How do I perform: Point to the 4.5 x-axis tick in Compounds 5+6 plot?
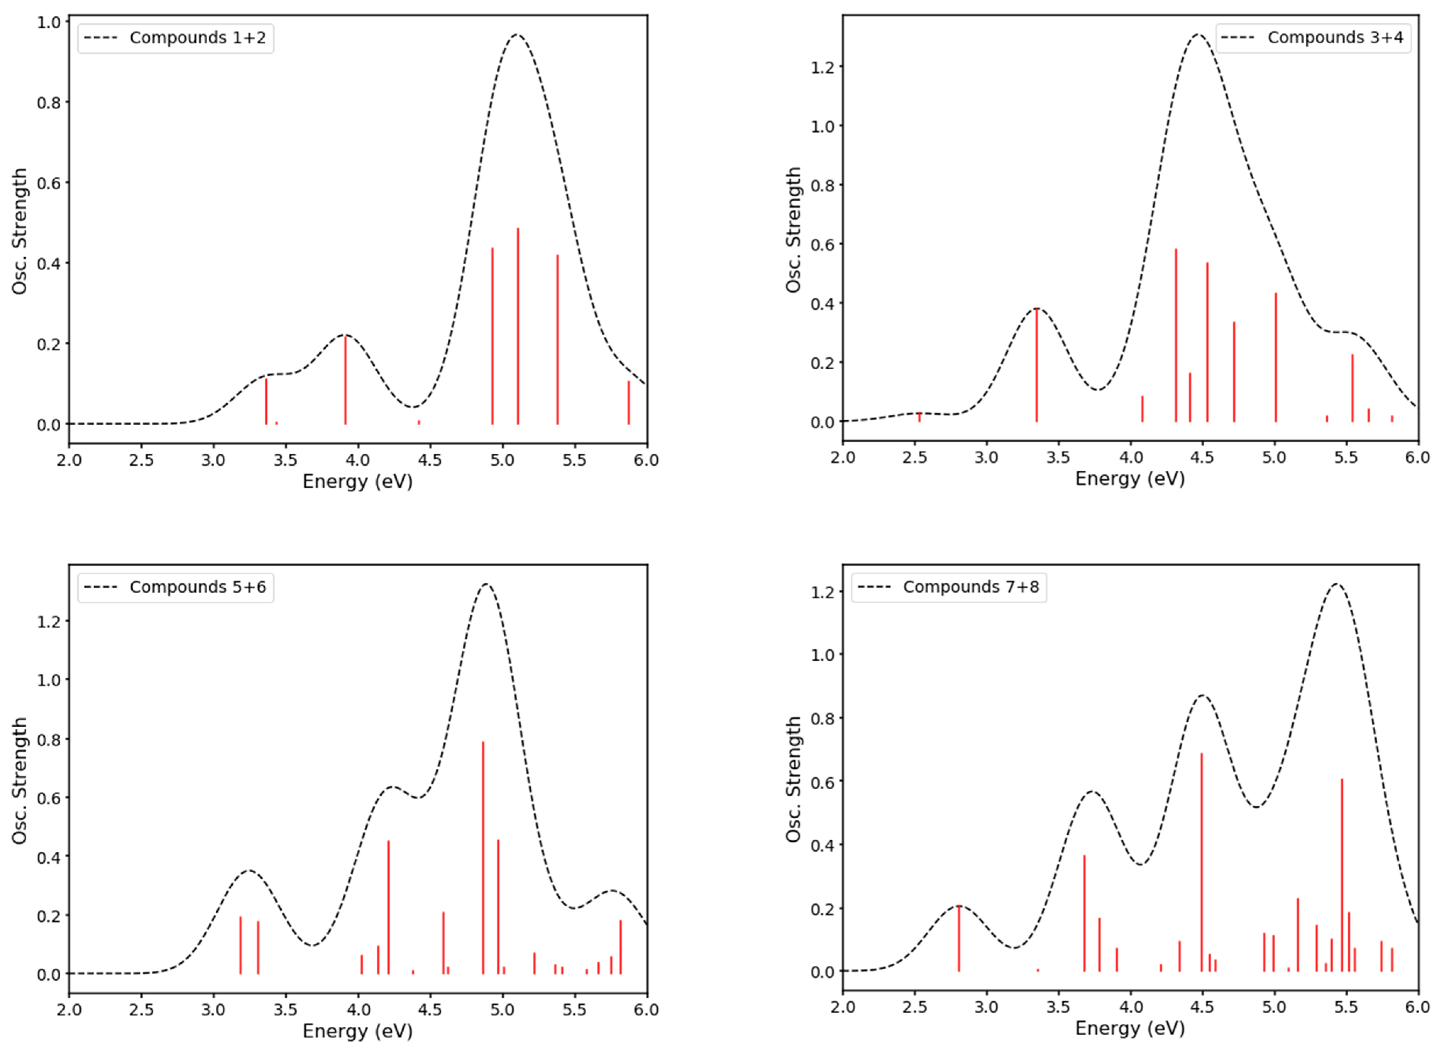[x=430, y=1010]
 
